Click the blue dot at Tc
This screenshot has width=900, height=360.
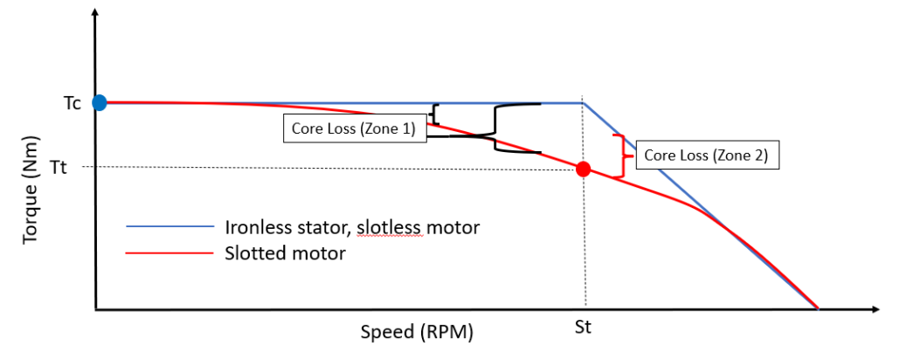point(100,102)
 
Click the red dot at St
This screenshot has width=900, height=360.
point(584,169)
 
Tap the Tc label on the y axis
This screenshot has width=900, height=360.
point(73,103)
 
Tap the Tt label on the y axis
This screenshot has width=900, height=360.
point(73,167)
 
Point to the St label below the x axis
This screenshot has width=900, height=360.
point(584,329)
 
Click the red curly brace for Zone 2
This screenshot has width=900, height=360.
point(622,156)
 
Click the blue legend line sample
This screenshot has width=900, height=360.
point(170,227)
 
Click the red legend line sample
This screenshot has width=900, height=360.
point(170,253)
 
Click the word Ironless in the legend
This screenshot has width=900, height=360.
point(254,227)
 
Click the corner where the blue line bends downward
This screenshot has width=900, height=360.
point(583,103)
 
